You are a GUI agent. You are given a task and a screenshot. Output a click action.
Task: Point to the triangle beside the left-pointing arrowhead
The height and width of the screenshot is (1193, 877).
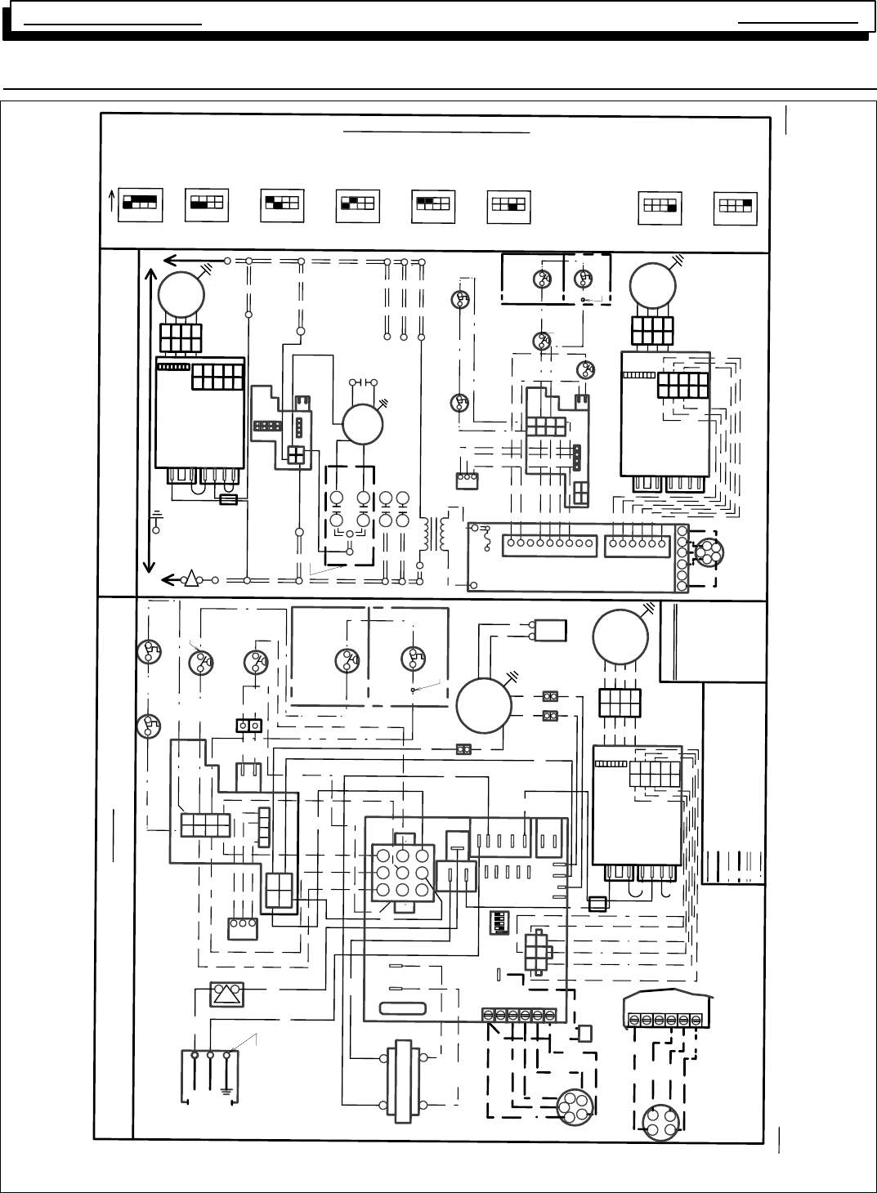click(191, 579)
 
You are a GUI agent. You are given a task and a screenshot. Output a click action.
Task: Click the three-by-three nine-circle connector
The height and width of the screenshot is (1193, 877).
click(400, 874)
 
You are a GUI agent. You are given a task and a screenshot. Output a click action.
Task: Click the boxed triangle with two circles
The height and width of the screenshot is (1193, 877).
click(226, 994)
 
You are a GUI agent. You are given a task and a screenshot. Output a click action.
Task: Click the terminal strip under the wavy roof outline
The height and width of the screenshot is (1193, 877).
click(665, 1021)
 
